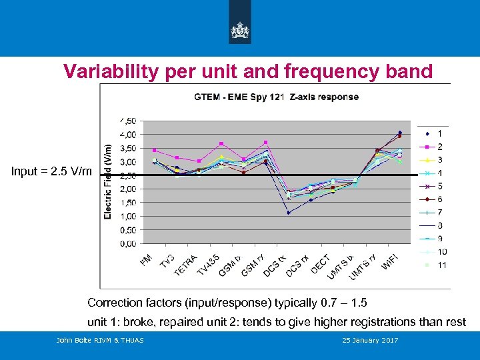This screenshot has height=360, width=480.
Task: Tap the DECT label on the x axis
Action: pos(321,263)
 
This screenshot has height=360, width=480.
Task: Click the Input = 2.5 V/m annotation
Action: pos(52,171)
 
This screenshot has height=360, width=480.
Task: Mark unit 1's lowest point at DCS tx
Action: pos(289,213)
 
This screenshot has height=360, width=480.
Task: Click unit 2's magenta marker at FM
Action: pos(155,150)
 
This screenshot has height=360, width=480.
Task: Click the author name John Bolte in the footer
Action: pos(75,341)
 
